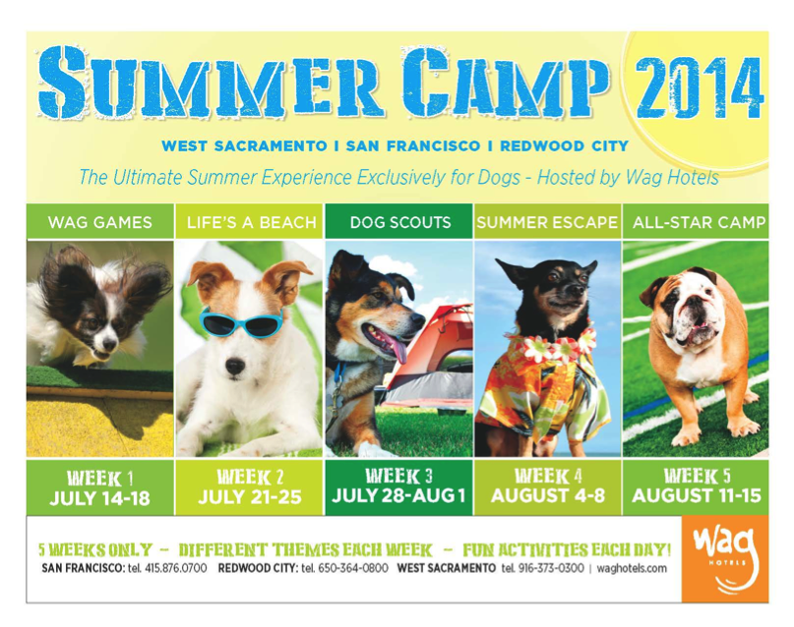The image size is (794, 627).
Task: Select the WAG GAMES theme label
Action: [x=100, y=222]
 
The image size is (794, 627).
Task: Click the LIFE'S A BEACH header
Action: [x=251, y=222]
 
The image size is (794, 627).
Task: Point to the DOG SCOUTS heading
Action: [x=400, y=222]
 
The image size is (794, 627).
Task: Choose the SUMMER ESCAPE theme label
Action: [x=547, y=222]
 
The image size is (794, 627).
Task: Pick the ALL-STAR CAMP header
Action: [x=699, y=222]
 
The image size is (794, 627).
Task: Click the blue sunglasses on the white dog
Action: [x=241, y=321]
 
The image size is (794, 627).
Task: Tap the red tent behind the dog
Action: [x=430, y=354]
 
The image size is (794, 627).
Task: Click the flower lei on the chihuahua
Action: [x=552, y=343]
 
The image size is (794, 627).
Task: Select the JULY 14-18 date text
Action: [x=99, y=498]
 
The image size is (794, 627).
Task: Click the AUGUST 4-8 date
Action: [x=547, y=495]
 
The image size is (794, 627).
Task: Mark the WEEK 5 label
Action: [x=698, y=476]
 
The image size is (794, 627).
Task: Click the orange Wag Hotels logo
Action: [x=724, y=559]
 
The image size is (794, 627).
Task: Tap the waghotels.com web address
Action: [x=632, y=568]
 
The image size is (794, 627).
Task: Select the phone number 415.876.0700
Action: [x=176, y=568]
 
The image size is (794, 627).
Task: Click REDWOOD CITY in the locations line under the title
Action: [x=564, y=146]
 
